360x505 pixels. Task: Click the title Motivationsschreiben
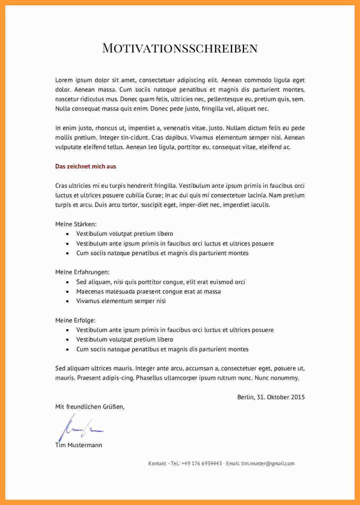tap(180, 48)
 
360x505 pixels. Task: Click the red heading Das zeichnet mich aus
tap(86, 166)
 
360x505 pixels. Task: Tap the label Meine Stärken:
tap(76, 224)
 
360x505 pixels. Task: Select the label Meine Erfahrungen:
tap(82, 272)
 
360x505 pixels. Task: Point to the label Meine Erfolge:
tap(75, 320)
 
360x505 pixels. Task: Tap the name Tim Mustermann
tap(79, 445)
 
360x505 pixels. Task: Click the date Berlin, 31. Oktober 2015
tap(271, 397)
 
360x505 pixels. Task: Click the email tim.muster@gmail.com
tap(268, 463)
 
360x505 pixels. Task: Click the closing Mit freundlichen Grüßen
tap(90, 407)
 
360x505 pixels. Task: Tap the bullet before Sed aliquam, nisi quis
tap(68, 282)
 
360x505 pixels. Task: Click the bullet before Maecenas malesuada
tap(68, 292)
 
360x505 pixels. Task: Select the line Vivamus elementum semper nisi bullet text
tap(121, 301)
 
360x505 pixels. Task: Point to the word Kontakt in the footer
tap(157, 463)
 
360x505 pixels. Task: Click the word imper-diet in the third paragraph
tap(194, 205)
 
